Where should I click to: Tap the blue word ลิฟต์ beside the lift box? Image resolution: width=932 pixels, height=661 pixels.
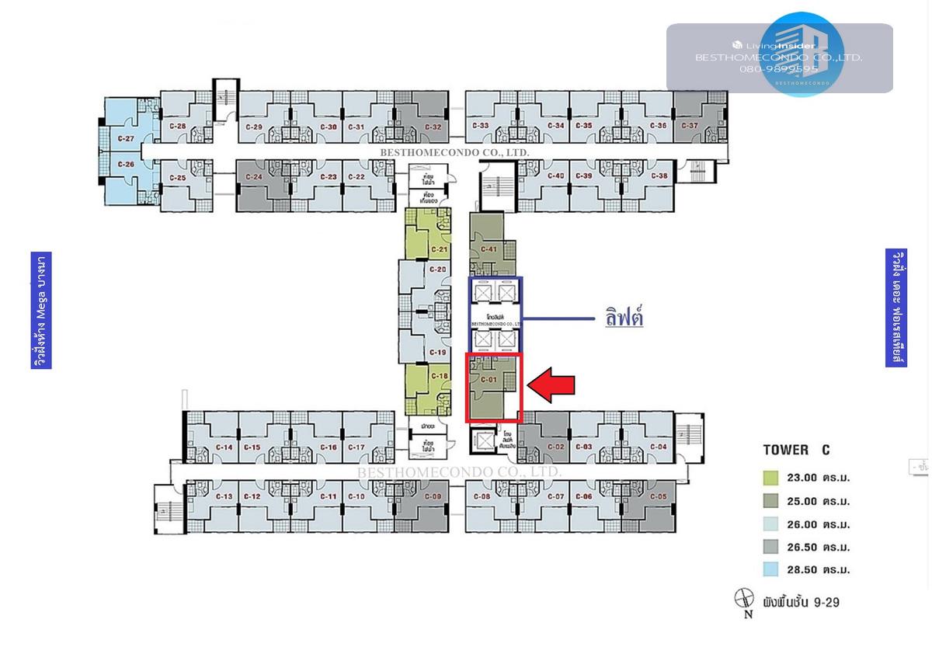click(624, 317)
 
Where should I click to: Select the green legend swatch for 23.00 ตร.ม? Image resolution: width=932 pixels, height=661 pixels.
click(770, 478)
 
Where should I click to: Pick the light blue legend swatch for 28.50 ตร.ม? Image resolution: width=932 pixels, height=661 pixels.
click(770, 569)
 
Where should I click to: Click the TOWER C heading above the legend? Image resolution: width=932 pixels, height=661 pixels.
click(796, 450)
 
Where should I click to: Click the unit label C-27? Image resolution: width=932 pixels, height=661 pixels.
click(126, 139)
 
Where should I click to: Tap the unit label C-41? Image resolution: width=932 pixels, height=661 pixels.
click(489, 249)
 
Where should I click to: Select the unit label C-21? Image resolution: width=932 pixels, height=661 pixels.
click(439, 249)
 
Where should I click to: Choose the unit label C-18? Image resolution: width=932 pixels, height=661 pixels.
click(439, 377)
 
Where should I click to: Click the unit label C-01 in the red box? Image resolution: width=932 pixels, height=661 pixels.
click(489, 379)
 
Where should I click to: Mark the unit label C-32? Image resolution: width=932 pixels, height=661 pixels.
click(433, 127)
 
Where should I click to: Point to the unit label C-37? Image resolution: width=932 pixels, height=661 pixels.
click(690, 126)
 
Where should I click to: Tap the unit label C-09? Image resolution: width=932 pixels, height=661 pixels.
click(433, 496)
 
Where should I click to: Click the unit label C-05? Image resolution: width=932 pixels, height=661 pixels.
click(658, 496)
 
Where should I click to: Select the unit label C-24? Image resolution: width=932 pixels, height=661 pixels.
click(253, 177)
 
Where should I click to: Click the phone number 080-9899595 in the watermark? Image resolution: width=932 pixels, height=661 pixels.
click(779, 69)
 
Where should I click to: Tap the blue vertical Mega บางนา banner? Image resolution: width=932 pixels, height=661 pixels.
click(41, 310)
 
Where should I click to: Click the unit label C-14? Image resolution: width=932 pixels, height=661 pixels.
click(224, 447)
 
